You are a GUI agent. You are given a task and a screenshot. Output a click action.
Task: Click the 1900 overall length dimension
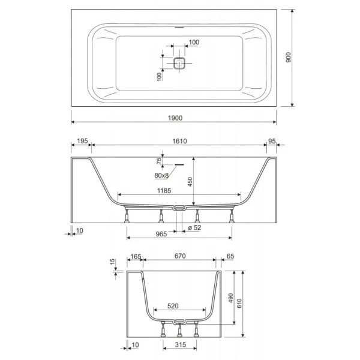coord(175,118)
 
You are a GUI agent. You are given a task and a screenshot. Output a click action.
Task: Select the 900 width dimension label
coord(289,58)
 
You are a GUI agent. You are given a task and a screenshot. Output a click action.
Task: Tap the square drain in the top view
coord(179,63)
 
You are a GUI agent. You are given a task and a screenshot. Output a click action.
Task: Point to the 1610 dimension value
coord(179,141)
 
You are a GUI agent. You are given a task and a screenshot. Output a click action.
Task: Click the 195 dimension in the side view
coord(82,141)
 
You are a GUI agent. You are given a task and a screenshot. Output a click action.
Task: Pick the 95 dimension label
coord(272,141)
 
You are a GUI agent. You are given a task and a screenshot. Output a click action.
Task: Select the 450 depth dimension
coord(190,182)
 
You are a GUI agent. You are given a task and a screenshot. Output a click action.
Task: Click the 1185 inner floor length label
coord(164,191)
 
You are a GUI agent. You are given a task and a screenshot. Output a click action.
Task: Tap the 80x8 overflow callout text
coord(161,175)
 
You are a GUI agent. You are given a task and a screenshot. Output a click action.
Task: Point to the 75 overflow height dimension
coord(159,161)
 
